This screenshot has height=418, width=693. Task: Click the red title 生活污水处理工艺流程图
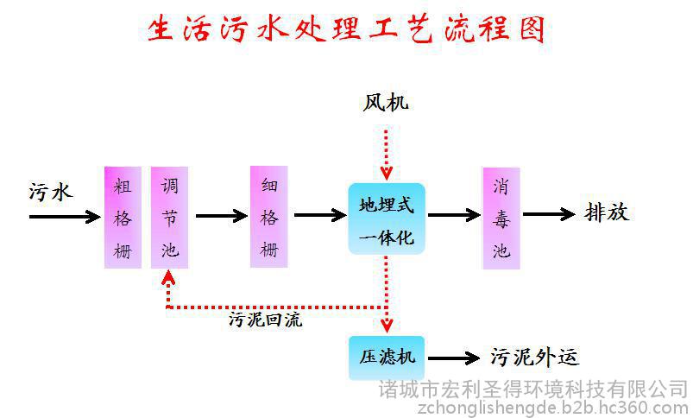click(x=345, y=29)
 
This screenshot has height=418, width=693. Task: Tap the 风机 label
click(x=386, y=103)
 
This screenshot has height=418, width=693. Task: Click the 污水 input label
click(x=50, y=193)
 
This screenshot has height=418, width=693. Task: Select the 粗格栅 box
click(x=123, y=217)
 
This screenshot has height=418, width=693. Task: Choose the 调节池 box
click(x=170, y=217)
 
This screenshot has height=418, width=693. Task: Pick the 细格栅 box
click(x=269, y=217)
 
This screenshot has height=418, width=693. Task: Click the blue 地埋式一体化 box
click(x=387, y=218)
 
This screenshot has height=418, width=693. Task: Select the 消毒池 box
click(x=501, y=218)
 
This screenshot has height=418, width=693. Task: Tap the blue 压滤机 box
click(x=387, y=358)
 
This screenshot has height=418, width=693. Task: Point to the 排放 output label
click(x=607, y=212)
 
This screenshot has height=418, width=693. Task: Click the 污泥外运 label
click(x=534, y=357)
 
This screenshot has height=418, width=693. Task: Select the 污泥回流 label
click(x=265, y=320)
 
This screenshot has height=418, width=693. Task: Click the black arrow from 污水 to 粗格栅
click(x=65, y=217)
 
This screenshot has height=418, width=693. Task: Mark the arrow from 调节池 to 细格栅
click(x=222, y=216)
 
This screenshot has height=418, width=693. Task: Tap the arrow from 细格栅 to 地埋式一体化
click(x=320, y=215)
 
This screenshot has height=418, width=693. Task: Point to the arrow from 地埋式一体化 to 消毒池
click(x=454, y=215)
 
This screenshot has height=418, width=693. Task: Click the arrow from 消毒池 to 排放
click(x=549, y=214)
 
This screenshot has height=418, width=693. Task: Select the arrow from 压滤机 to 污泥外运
click(x=454, y=358)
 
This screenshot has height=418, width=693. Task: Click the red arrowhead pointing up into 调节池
click(x=168, y=277)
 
